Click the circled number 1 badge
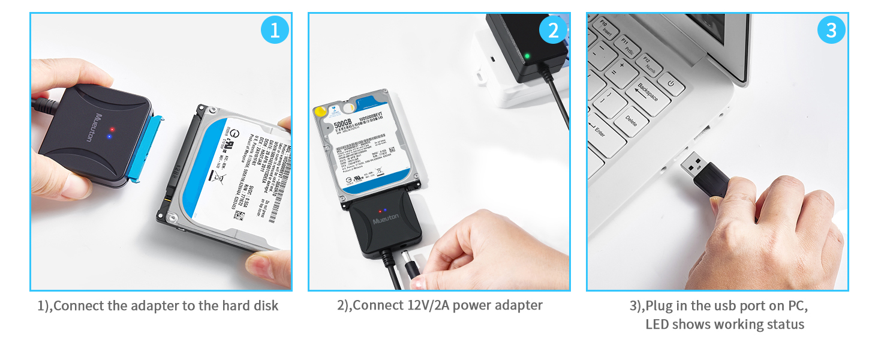pos(275,30)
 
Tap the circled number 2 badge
pos(552,30)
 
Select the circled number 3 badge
pos(831,30)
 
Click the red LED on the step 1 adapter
pos(112,129)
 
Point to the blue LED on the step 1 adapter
pos(109,136)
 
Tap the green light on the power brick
pos(527,57)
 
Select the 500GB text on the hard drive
pos(342,124)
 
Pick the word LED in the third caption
pos(657,325)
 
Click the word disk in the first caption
pos(265,305)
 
